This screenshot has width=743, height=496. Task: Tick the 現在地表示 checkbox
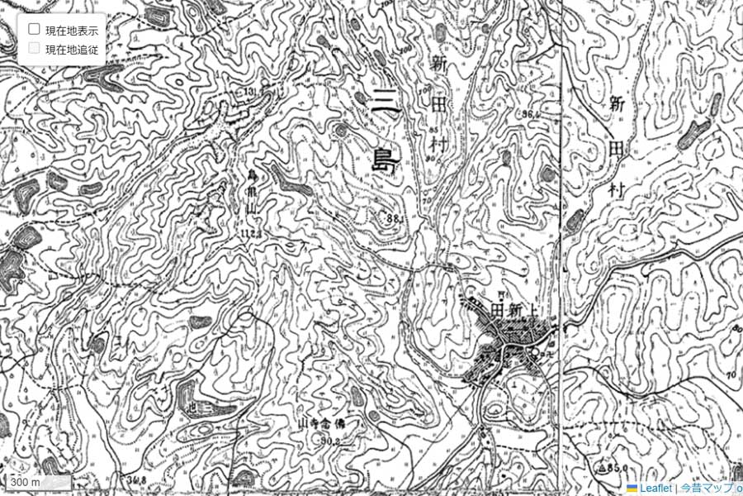(35, 29)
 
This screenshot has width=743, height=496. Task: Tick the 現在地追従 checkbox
(35, 49)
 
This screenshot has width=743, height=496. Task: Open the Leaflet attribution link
(655, 489)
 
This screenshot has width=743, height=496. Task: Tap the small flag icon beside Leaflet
(632, 489)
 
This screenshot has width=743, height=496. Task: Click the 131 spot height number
(250, 91)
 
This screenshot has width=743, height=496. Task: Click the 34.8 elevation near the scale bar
(137, 479)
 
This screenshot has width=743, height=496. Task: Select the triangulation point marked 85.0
(614, 467)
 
